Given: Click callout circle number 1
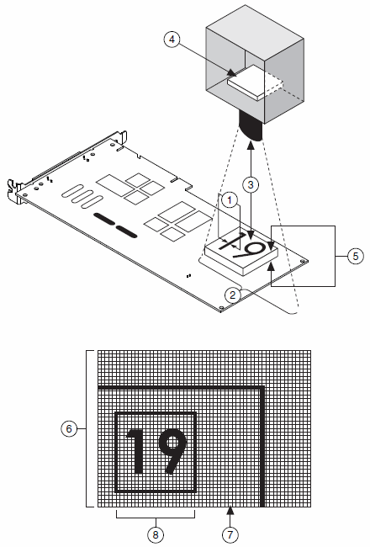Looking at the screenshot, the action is click(230, 200).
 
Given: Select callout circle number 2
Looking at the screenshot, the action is click(233, 295).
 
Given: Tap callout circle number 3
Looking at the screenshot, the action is click(251, 184).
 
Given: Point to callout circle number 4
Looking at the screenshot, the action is click(172, 40).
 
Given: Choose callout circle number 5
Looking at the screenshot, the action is click(356, 256).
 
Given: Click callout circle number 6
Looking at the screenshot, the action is click(69, 428).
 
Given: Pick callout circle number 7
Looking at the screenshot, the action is click(230, 534).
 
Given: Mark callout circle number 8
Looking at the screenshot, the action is click(156, 534).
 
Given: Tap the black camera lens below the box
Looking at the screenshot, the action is click(250, 126).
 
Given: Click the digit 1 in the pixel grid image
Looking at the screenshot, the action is click(136, 451).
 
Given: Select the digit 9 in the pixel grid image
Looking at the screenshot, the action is click(172, 451).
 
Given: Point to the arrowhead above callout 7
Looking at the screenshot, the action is click(230, 511).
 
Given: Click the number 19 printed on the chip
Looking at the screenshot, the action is click(243, 246).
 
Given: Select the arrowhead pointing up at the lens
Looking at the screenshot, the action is click(251, 145).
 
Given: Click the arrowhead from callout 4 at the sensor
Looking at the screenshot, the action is click(231, 72).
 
